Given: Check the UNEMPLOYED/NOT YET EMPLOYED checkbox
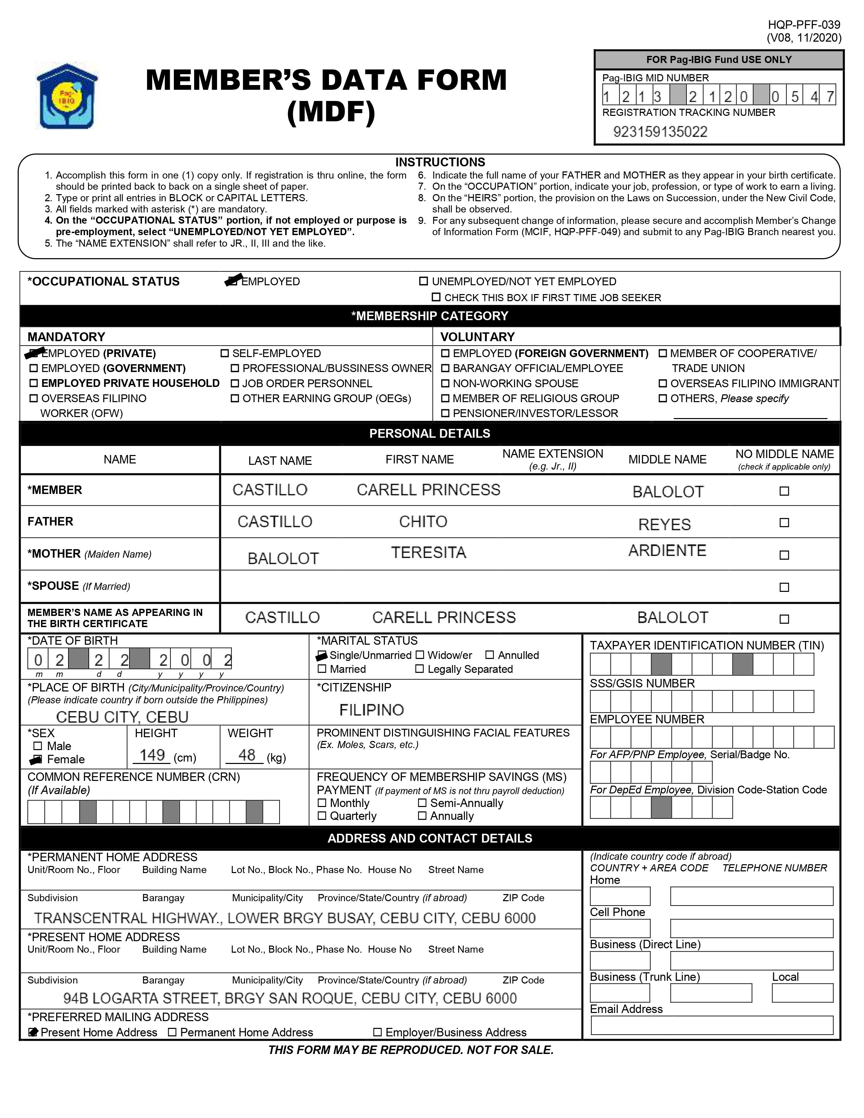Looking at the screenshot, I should point(423,281).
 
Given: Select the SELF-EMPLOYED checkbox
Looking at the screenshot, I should point(224,353).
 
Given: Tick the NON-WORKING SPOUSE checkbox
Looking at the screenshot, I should point(445,384).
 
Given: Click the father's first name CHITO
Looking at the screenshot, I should point(423,522).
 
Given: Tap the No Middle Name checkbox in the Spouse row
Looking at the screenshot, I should point(784,587).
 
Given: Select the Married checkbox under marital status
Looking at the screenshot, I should point(322,669).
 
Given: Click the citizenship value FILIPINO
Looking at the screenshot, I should point(372,710).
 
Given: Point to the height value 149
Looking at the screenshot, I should point(152,755).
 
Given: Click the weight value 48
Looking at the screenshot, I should point(247,755).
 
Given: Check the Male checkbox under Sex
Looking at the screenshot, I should point(37,746).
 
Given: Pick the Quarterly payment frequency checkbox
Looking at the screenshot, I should point(322,816).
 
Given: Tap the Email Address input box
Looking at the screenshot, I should point(712,1026).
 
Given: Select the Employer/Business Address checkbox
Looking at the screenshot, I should point(377,1033).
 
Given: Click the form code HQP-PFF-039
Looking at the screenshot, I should point(804,25).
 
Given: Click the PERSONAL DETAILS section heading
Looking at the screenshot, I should point(430,434).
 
